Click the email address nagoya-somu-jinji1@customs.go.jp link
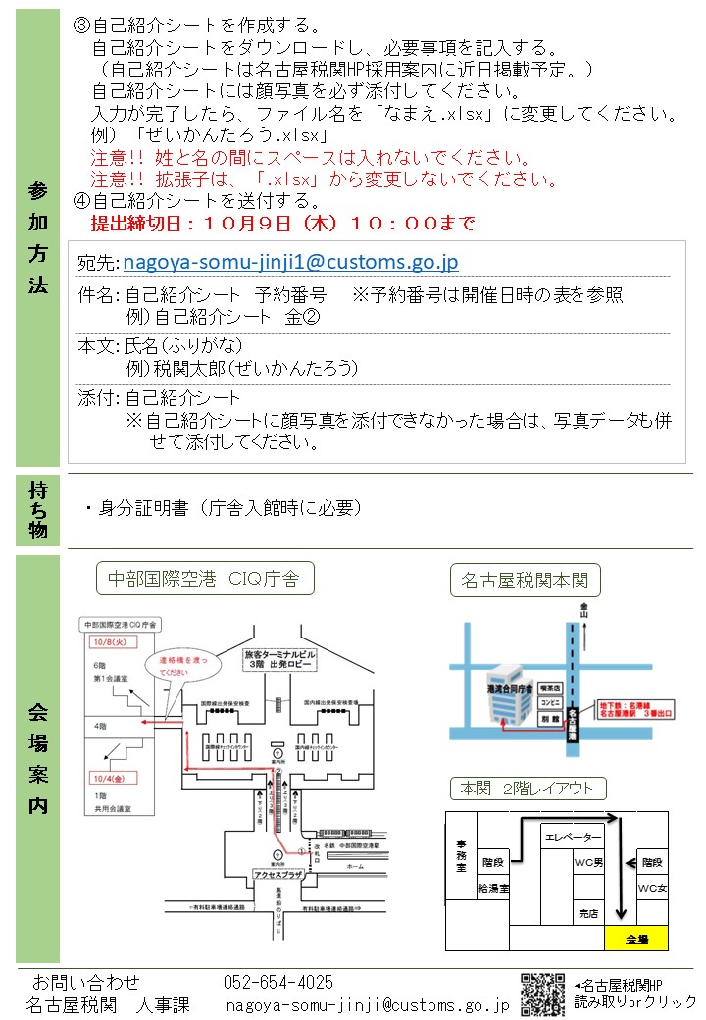click(290, 262)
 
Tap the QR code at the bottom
click(542, 994)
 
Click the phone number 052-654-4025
click(278, 982)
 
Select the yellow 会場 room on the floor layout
click(636, 939)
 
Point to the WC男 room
click(587, 863)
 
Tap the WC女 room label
click(652, 888)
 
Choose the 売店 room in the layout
click(587, 913)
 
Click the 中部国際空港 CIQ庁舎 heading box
click(204, 578)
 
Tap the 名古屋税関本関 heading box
click(526, 581)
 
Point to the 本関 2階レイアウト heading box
click(528, 789)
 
